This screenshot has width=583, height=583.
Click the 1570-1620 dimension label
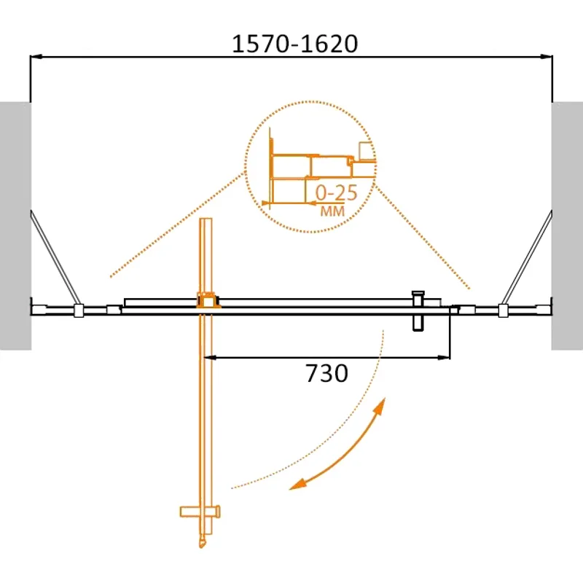[294, 44]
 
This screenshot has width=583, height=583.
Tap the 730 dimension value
[325, 374]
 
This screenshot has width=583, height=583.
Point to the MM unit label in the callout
[332, 211]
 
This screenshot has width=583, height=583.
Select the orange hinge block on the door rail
[206, 299]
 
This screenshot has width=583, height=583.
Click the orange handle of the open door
[200, 511]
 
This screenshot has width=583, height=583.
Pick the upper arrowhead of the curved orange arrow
[381, 404]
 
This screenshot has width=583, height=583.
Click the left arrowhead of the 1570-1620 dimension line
[36, 57]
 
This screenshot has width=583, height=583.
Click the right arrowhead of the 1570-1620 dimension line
[546, 57]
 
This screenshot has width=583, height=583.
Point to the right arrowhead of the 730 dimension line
[443, 357]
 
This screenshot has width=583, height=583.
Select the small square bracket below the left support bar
[79, 310]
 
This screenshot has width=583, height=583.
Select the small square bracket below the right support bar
[502, 310]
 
